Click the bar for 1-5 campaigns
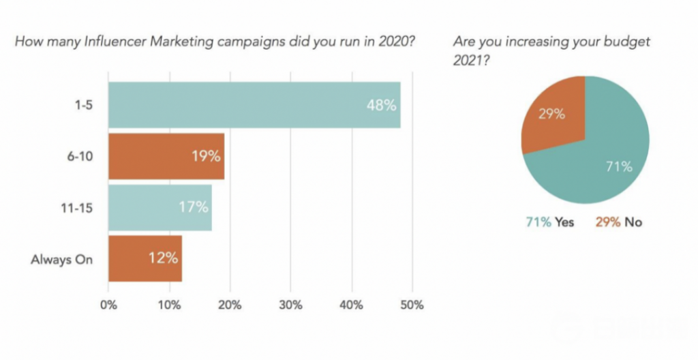tap(254, 105)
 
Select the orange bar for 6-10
tap(166, 156)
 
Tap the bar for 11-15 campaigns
tap(160, 207)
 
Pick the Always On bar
tap(145, 258)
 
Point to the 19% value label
tap(205, 156)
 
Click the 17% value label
tap(193, 207)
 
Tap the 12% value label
tap(163, 258)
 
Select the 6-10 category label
tap(79, 156)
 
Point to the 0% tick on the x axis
tap(108, 305)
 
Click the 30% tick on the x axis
tap(291, 305)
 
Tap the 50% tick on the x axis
tap(412, 305)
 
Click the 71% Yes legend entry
tap(549, 222)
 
